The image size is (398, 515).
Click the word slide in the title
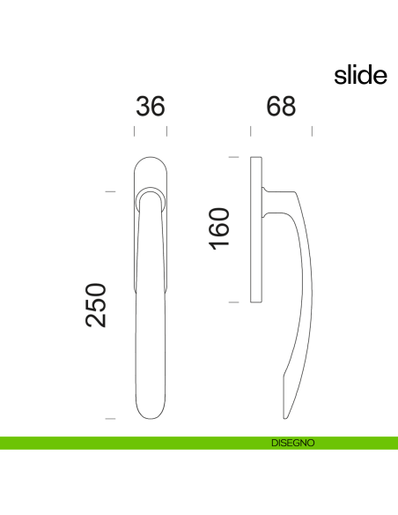point(360,76)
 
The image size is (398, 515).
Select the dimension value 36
point(151,107)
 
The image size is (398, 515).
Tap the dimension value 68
point(281,107)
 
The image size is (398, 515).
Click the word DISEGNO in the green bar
point(293,444)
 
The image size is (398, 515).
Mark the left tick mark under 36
point(134,132)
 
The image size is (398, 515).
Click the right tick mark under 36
point(167,132)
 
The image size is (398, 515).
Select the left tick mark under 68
point(251,132)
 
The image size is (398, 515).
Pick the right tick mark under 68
point(313,132)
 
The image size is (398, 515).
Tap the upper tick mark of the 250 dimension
point(110,190)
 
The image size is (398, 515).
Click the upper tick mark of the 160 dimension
point(234,157)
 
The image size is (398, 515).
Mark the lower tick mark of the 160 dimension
point(234,302)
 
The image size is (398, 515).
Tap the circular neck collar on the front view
point(151,195)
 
